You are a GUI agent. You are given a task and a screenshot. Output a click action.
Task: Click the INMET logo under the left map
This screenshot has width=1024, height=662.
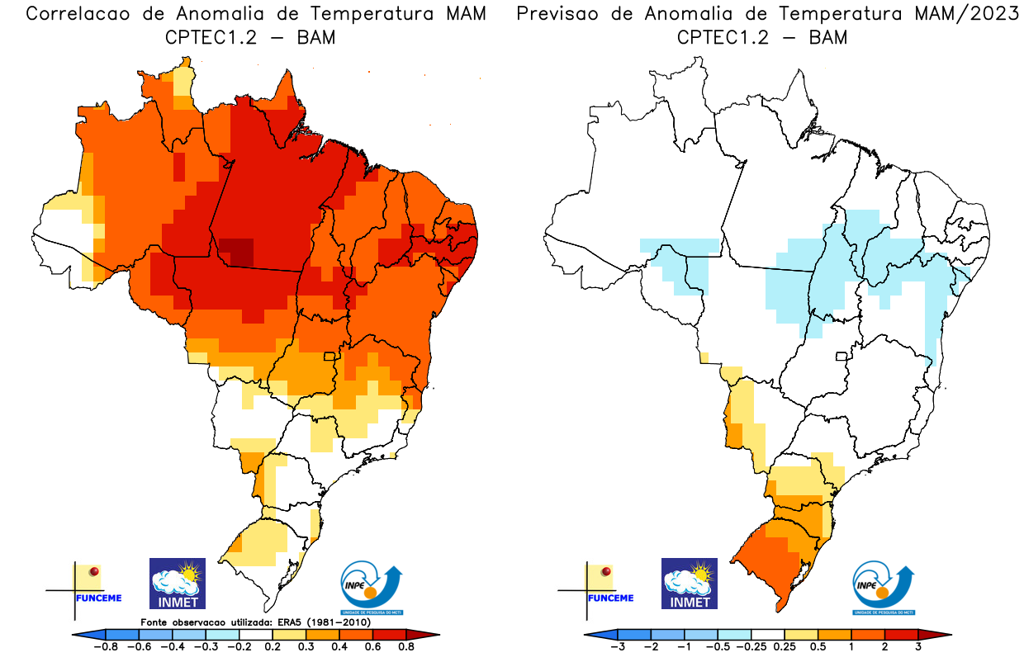(178, 584)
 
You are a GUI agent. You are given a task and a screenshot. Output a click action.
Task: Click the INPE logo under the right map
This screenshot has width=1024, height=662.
(884, 587)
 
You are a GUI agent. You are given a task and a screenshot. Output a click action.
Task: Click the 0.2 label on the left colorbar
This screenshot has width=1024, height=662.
(273, 646)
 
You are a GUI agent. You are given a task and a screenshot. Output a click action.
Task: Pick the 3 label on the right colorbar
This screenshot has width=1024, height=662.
(917, 646)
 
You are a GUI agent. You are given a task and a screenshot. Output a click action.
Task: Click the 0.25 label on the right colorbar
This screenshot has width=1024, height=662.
(785, 646)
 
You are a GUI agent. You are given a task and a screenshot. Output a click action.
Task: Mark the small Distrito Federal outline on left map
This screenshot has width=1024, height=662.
(329, 357)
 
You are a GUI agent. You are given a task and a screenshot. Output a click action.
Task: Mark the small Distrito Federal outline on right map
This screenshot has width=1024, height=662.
(842, 357)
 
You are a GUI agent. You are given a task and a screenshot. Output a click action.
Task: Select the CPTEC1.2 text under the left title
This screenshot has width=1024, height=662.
(211, 37)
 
